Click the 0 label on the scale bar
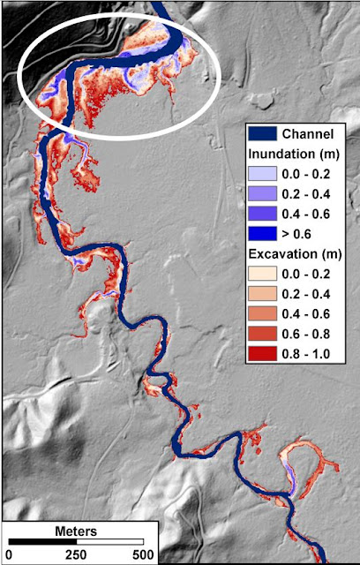9,554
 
